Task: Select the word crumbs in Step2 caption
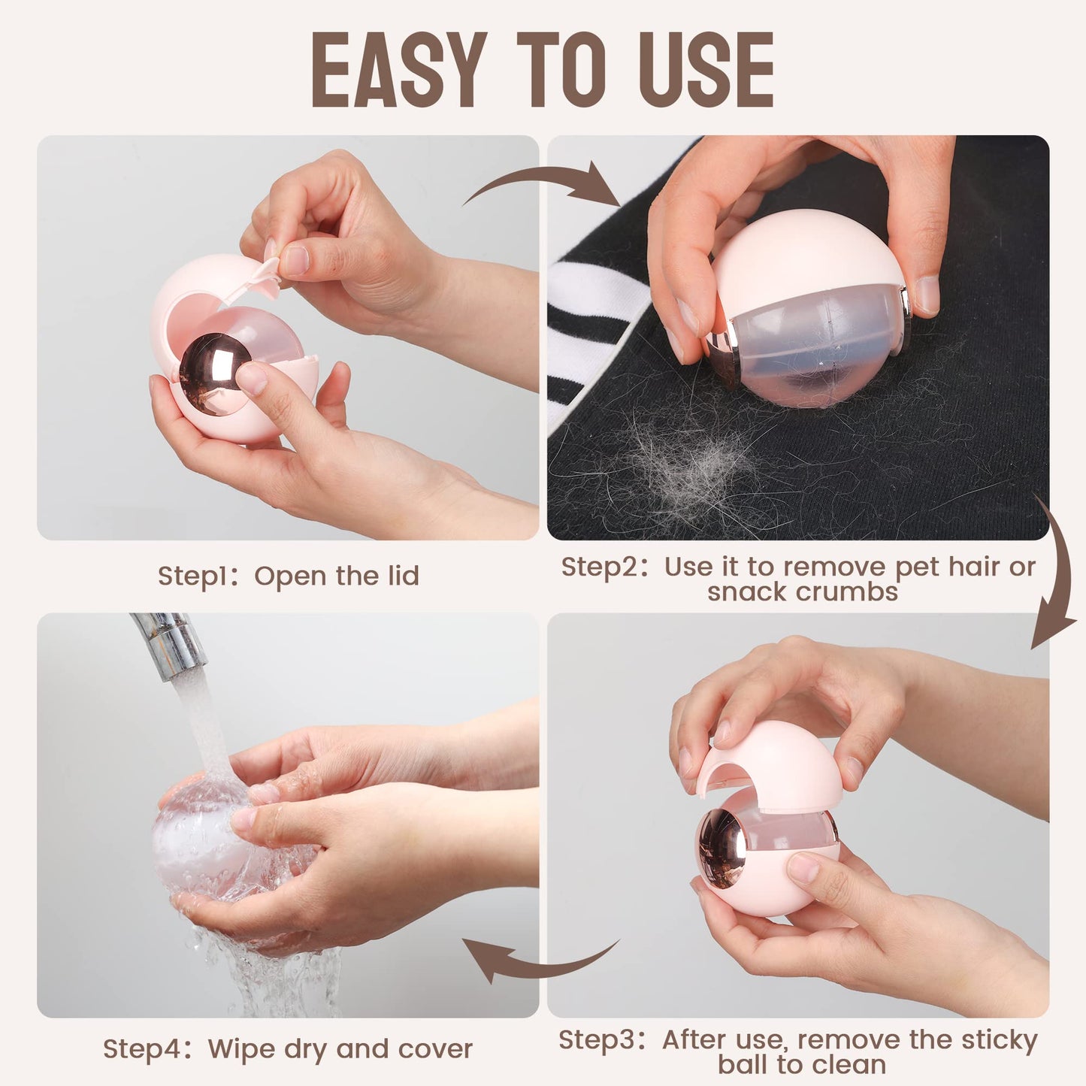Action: (802, 591)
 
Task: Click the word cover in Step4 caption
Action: (436, 1049)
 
